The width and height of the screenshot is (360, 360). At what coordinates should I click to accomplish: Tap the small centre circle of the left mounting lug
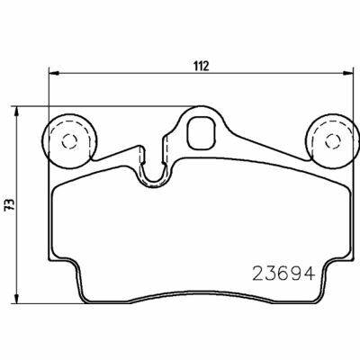pos(67,139)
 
